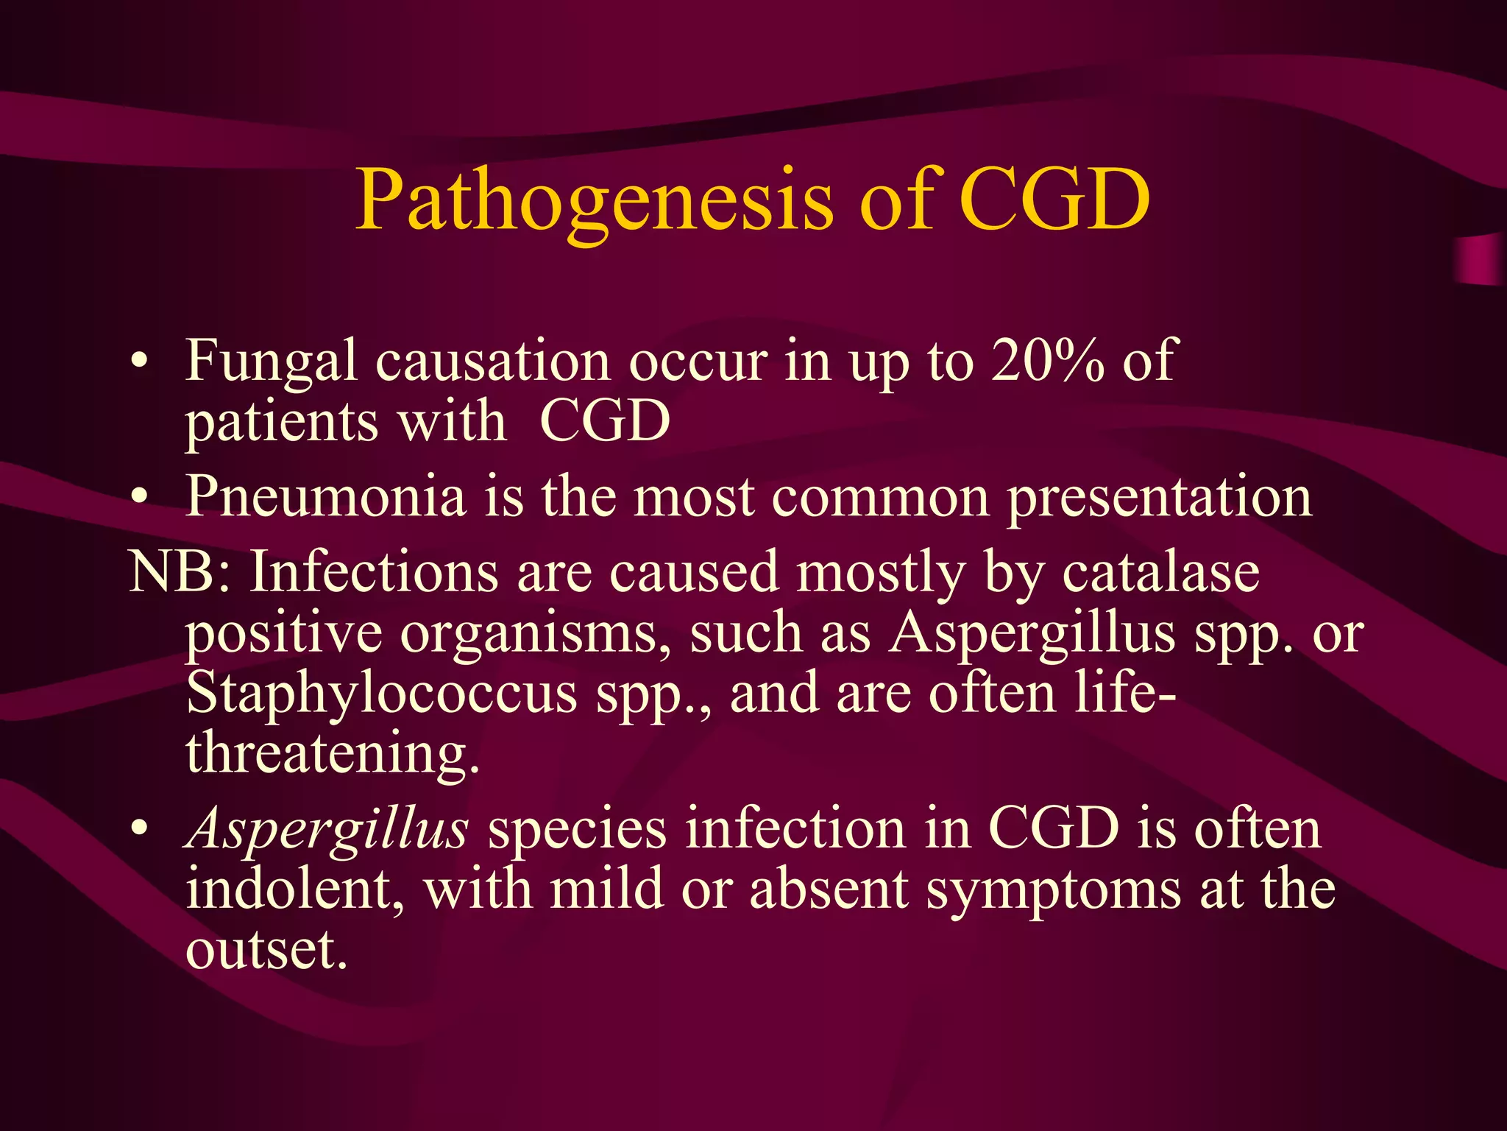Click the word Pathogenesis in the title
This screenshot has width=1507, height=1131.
(595, 201)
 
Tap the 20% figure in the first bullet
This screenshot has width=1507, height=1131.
(1047, 360)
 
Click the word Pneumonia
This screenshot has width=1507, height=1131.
(326, 496)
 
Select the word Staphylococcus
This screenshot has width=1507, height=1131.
(382, 694)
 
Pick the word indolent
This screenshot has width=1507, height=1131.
(295, 889)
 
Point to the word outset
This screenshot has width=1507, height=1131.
(266, 949)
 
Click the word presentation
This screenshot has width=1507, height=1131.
(1159, 498)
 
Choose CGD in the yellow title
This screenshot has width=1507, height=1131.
(1054, 201)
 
